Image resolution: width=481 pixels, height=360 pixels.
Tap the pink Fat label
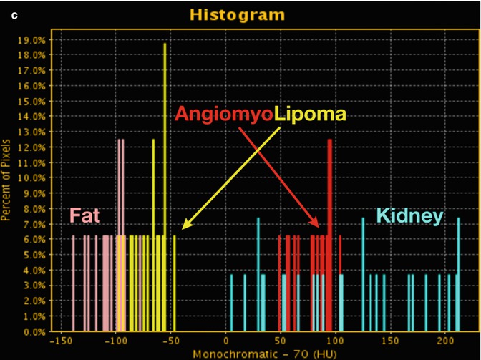84,215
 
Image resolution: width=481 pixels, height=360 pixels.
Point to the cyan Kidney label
410,215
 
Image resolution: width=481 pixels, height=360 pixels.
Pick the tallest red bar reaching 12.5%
329,215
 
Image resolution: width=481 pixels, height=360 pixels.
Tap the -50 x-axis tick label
172,342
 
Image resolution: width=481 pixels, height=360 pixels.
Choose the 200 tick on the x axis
444,342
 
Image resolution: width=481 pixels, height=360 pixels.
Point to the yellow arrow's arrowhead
183,227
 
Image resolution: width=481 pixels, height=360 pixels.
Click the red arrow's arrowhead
318,227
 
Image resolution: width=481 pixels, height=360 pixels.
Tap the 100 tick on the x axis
335,342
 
